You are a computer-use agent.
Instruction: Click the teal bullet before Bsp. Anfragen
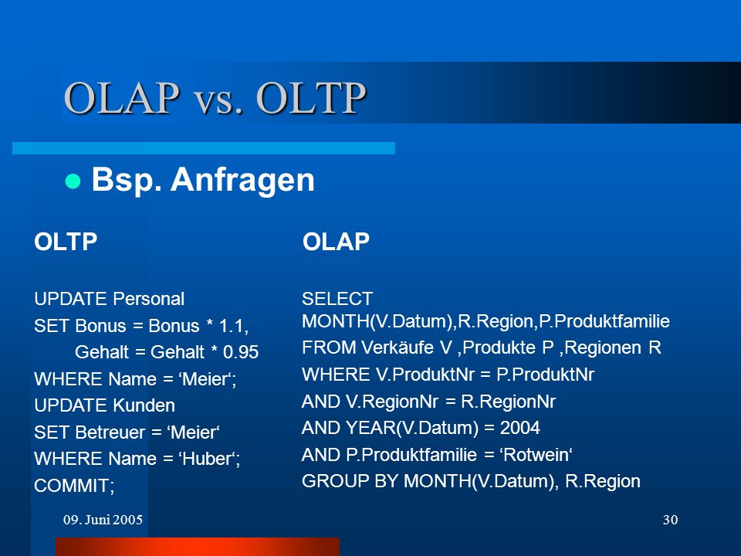73,181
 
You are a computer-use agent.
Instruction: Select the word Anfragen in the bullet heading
242,180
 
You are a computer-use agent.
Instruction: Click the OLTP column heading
66,242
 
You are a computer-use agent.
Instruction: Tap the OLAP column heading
336,242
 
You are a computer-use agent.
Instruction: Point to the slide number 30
670,520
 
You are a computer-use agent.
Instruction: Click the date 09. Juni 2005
103,520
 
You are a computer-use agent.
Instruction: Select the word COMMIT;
74,486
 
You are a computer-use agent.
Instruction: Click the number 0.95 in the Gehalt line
241,352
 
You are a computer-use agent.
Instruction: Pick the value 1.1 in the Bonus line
234,326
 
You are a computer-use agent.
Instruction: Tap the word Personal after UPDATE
148,300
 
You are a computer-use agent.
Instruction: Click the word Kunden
144,405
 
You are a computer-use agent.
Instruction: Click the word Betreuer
110,432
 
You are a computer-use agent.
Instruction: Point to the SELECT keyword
337,299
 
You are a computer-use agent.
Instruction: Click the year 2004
519,428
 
